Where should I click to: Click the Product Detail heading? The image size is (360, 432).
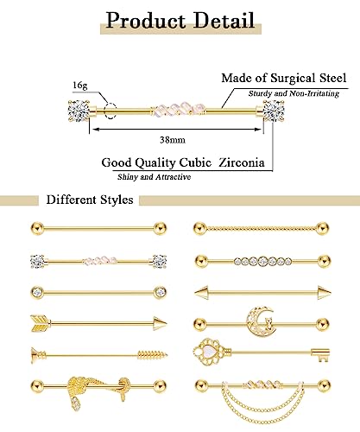180,20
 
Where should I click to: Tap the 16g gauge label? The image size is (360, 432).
81,86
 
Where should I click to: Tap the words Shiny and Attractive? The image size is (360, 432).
155,176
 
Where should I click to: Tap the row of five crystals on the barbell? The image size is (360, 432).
268,259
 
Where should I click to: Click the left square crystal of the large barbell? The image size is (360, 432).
71,111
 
